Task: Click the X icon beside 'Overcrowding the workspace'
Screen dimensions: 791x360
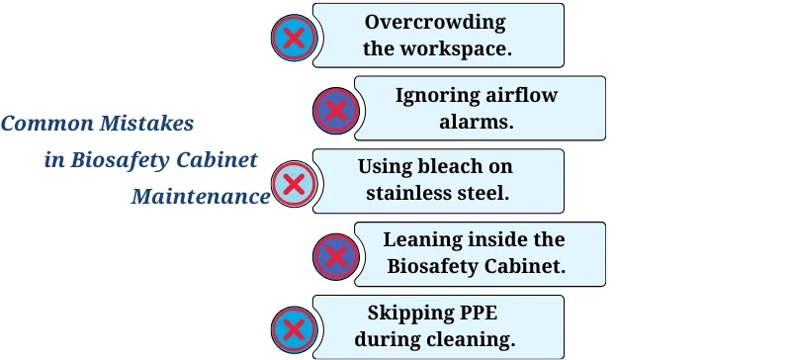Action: [293, 39]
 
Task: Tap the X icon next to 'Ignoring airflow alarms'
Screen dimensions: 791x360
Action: [335, 111]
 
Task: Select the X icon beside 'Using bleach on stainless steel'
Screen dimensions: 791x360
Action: [293, 184]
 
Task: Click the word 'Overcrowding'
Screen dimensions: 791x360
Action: [435, 22]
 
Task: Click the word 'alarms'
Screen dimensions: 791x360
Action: [478, 122]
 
